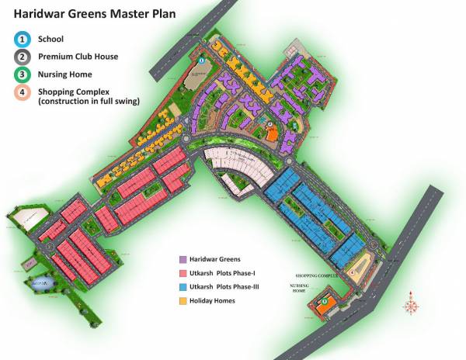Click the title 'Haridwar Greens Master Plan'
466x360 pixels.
tap(94, 13)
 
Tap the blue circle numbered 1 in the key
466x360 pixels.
tap(23, 38)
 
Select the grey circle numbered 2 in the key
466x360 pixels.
tap(23, 57)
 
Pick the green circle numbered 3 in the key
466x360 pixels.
tap(23, 74)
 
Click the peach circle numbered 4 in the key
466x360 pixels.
tap(23, 92)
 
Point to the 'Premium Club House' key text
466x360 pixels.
tap(82, 57)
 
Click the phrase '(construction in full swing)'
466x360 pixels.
tap(89, 101)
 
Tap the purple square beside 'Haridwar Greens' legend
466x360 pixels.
tap(183, 258)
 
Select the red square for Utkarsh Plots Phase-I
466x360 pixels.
tap(183, 272)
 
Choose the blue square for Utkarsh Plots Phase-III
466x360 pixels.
tap(183, 286)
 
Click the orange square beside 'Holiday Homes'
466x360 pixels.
tap(183, 300)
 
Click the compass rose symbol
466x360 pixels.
tap(410, 305)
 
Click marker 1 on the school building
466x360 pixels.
tap(201, 60)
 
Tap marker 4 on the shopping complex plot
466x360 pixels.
tap(352, 272)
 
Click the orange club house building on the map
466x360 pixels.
tap(272, 134)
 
